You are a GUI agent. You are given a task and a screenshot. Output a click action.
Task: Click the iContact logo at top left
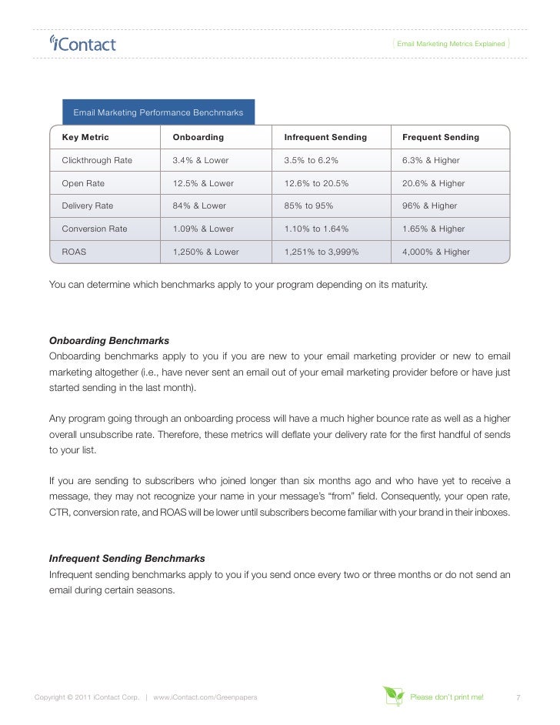click(x=82, y=44)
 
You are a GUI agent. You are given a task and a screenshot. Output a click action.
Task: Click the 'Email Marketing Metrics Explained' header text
click(x=451, y=44)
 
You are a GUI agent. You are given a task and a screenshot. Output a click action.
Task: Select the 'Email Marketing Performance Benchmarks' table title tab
click(x=158, y=112)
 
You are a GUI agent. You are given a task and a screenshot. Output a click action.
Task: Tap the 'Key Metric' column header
click(x=85, y=137)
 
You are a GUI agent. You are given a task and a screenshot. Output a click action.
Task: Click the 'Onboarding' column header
click(x=198, y=137)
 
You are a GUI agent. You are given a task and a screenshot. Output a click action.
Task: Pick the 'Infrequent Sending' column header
click(x=325, y=137)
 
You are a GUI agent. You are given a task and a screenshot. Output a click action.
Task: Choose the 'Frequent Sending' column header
click(x=440, y=137)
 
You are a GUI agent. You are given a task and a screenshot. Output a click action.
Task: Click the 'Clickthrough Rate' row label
click(x=97, y=160)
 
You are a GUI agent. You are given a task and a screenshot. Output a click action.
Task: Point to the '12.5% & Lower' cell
click(x=203, y=183)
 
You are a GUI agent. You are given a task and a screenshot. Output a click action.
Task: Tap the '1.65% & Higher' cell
click(x=433, y=229)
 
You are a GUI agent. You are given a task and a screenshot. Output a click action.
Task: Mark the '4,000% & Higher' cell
click(x=435, y=252)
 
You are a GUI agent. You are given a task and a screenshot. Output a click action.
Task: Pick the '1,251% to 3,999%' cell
click(x=322, y=252)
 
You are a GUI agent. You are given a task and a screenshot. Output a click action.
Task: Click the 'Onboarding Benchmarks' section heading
click(x=109, y=340)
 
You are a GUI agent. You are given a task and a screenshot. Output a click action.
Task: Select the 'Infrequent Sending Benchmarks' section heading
click(x=127, y=558)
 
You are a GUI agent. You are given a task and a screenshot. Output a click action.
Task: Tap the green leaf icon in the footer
click(x=393, y=696)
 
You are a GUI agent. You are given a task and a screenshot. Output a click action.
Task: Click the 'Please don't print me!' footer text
click(x=447, y=697)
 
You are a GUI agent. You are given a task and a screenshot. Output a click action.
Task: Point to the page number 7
click(x=518, y=697)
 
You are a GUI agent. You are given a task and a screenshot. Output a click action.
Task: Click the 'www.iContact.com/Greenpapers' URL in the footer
click(x=205, y=697)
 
